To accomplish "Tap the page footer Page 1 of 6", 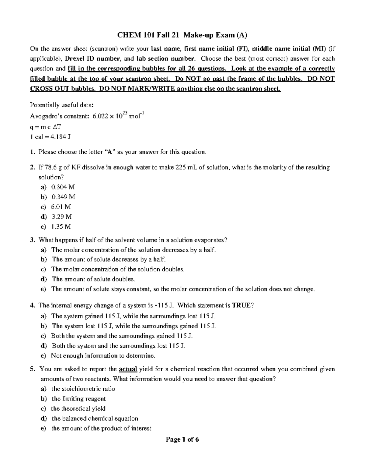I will [x=182, y=439].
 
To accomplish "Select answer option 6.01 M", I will [x=61, y=207].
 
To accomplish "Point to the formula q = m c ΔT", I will [x=46, y=127].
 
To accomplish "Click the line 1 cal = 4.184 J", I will [x=50, y=137].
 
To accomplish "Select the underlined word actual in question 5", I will [x=128, y=369].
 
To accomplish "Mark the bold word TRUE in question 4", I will [x=241, y=305].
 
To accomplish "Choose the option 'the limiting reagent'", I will [x=78, y=399].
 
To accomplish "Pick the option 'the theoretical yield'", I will [x=78, y=408].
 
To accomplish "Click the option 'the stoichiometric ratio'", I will [x=83, y=389].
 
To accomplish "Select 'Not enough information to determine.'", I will [x=103, y=356].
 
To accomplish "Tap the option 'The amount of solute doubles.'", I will [x=93, y=279].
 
